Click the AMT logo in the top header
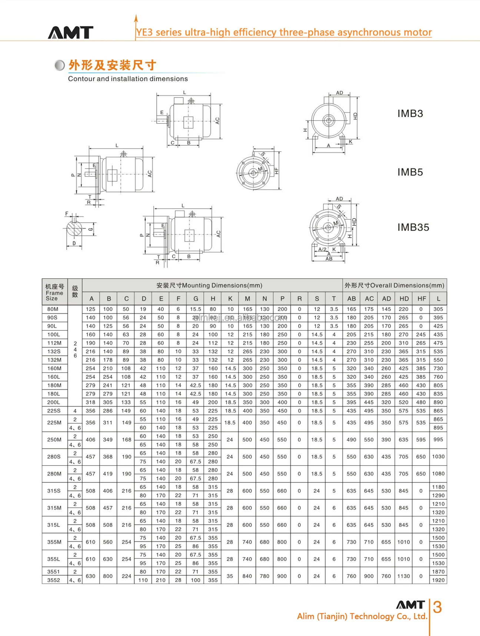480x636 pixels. point(70,32)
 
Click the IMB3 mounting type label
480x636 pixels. point(410,113)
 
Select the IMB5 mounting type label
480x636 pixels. point(410,172)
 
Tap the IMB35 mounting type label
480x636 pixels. point(413,227)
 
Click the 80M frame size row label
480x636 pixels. point(53,309)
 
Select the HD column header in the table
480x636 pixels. point(404,299)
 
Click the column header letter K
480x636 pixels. point(230,299)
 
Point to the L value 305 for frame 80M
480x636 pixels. point(438,309)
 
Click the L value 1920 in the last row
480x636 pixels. point(438,580)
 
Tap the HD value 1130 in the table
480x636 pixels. point(403,576)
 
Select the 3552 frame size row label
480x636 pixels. point(54,580)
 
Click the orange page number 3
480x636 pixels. point(437,607)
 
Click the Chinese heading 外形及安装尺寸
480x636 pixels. point(112,65)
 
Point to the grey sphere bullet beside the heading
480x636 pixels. point(59,65)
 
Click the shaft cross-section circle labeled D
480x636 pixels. point(74,230)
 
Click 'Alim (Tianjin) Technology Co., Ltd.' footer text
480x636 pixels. point(362,616)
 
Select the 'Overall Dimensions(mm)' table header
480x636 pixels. point(394,285)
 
